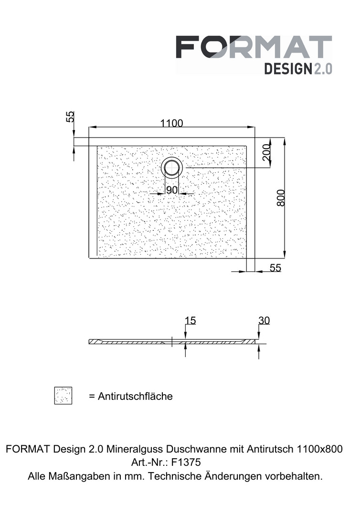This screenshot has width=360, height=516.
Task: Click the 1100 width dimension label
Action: pyautogui.click(x=171, y=123)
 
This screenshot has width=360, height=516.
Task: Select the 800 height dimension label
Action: pyautogui.click(x=281, y=198)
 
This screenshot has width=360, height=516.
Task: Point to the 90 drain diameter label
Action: pyautogui.click(x=171, y=190)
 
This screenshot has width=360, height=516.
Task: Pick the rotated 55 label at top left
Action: pyautogui.click(x=70, y=117)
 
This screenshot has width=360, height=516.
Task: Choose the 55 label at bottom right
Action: pyautogui.click(x=275, y=268)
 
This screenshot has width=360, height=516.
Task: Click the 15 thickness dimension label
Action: pyautogui.click(x=190, y=320)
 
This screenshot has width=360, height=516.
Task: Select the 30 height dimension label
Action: pyautogui.click(x=264, y=320)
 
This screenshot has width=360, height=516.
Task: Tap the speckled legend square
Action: pyautogui.click(x=63, y=396)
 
